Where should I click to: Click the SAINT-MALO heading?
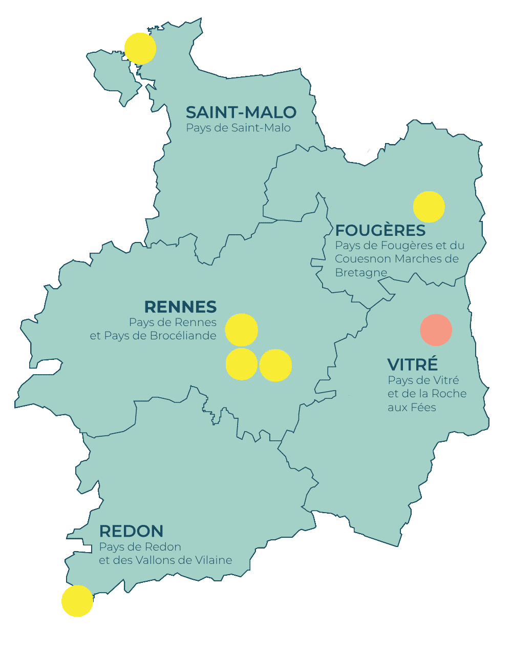coord(241,112)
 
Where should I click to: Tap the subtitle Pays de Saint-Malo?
coord(238,128)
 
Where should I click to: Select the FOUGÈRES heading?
coord(380,230)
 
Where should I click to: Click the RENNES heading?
coord(180,307)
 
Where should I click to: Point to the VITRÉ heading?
coord(413,364)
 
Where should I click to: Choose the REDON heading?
coord(131,531)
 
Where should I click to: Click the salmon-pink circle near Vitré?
coord(436,330)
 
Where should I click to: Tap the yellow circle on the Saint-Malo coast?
coord(140,49)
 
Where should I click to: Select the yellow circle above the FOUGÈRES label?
coord(429,207)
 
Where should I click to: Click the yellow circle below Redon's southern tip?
coord(77,601)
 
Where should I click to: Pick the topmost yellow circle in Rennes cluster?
coord(242,330)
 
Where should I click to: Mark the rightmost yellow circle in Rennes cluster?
coord(275,365)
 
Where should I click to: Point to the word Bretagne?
coord(361,273)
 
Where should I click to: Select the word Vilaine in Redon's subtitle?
coord(215,560)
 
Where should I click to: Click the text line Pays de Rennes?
coord(173,322)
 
